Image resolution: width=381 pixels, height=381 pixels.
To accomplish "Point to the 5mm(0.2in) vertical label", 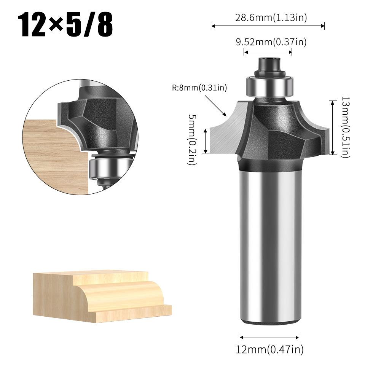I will [x=193, y=140].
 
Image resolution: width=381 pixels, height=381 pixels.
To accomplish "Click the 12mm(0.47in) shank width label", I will [x=269, y=349].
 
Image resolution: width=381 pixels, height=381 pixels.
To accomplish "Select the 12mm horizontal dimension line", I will [x=269, y=336].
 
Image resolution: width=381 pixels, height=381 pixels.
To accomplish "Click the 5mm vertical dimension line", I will [x=206, y=140].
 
